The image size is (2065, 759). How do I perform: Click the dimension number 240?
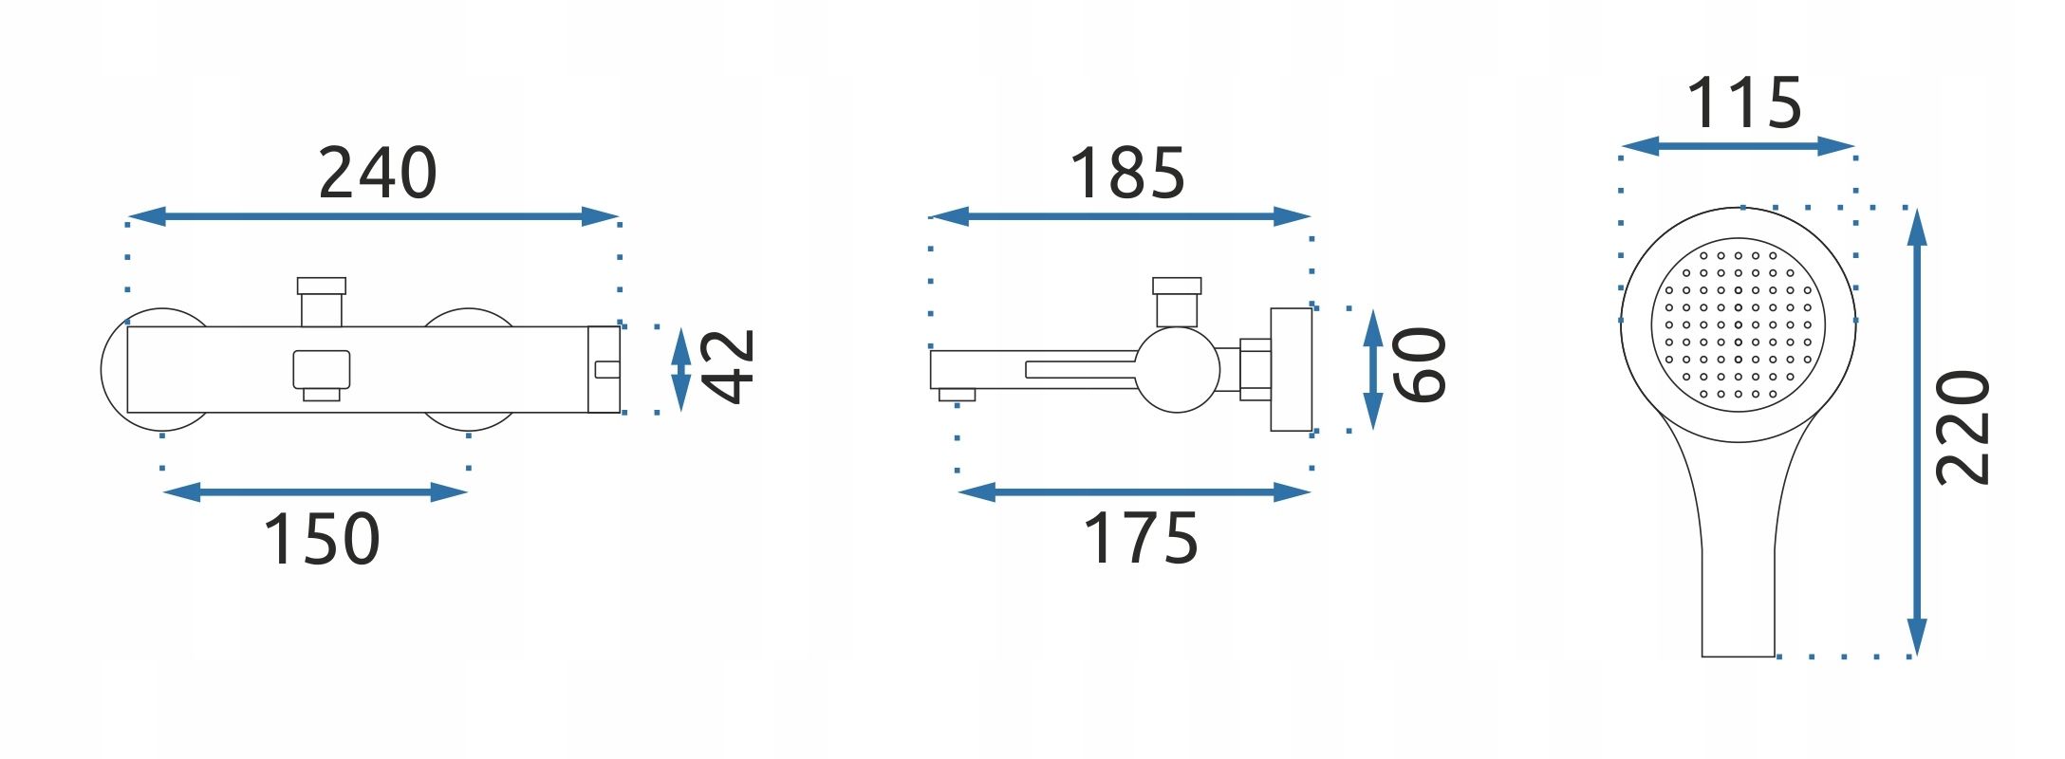[x=378, y=173]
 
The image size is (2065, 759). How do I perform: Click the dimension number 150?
[x=322, y=539]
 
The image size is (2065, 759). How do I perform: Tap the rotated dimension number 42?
[x=727, y=367]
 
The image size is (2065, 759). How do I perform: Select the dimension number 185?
[x=1127, y=173]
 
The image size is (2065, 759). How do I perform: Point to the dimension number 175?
[x=1141, y=539]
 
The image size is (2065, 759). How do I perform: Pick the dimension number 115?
[x=1744, y=102]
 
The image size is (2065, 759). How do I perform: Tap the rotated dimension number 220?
[x=1963, y=428]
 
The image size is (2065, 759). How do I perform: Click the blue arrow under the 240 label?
[x=373, y=216]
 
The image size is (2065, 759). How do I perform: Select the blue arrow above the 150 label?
[x=315, y=491]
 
